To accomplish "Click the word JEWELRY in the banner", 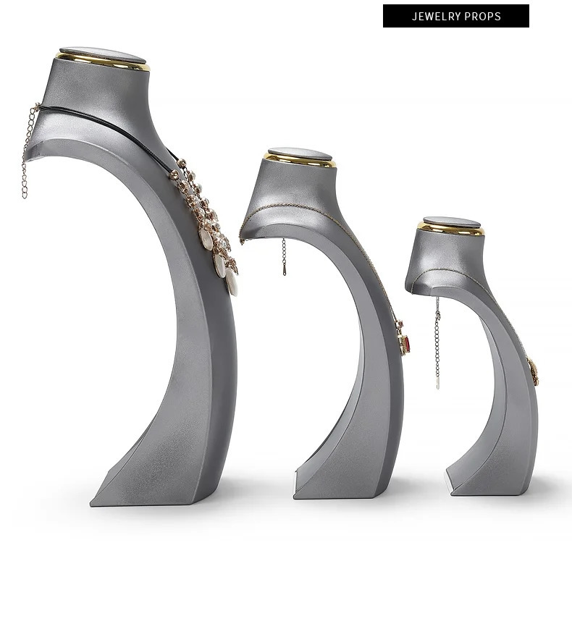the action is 436,16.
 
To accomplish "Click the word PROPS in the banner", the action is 482,16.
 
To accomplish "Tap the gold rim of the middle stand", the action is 300,162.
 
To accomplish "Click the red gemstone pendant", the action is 407,345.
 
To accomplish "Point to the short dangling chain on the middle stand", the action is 284,257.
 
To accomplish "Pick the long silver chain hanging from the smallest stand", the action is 437,342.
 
